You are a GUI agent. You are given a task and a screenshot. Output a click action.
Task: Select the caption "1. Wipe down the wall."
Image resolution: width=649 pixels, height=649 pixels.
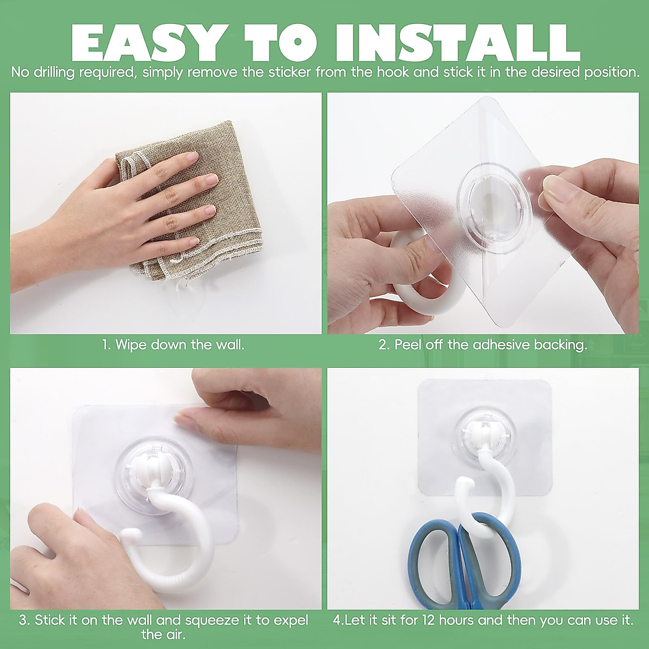[174, 345]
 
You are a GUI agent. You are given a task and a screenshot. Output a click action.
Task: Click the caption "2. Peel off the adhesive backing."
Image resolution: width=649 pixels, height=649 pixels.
[482, 345]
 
